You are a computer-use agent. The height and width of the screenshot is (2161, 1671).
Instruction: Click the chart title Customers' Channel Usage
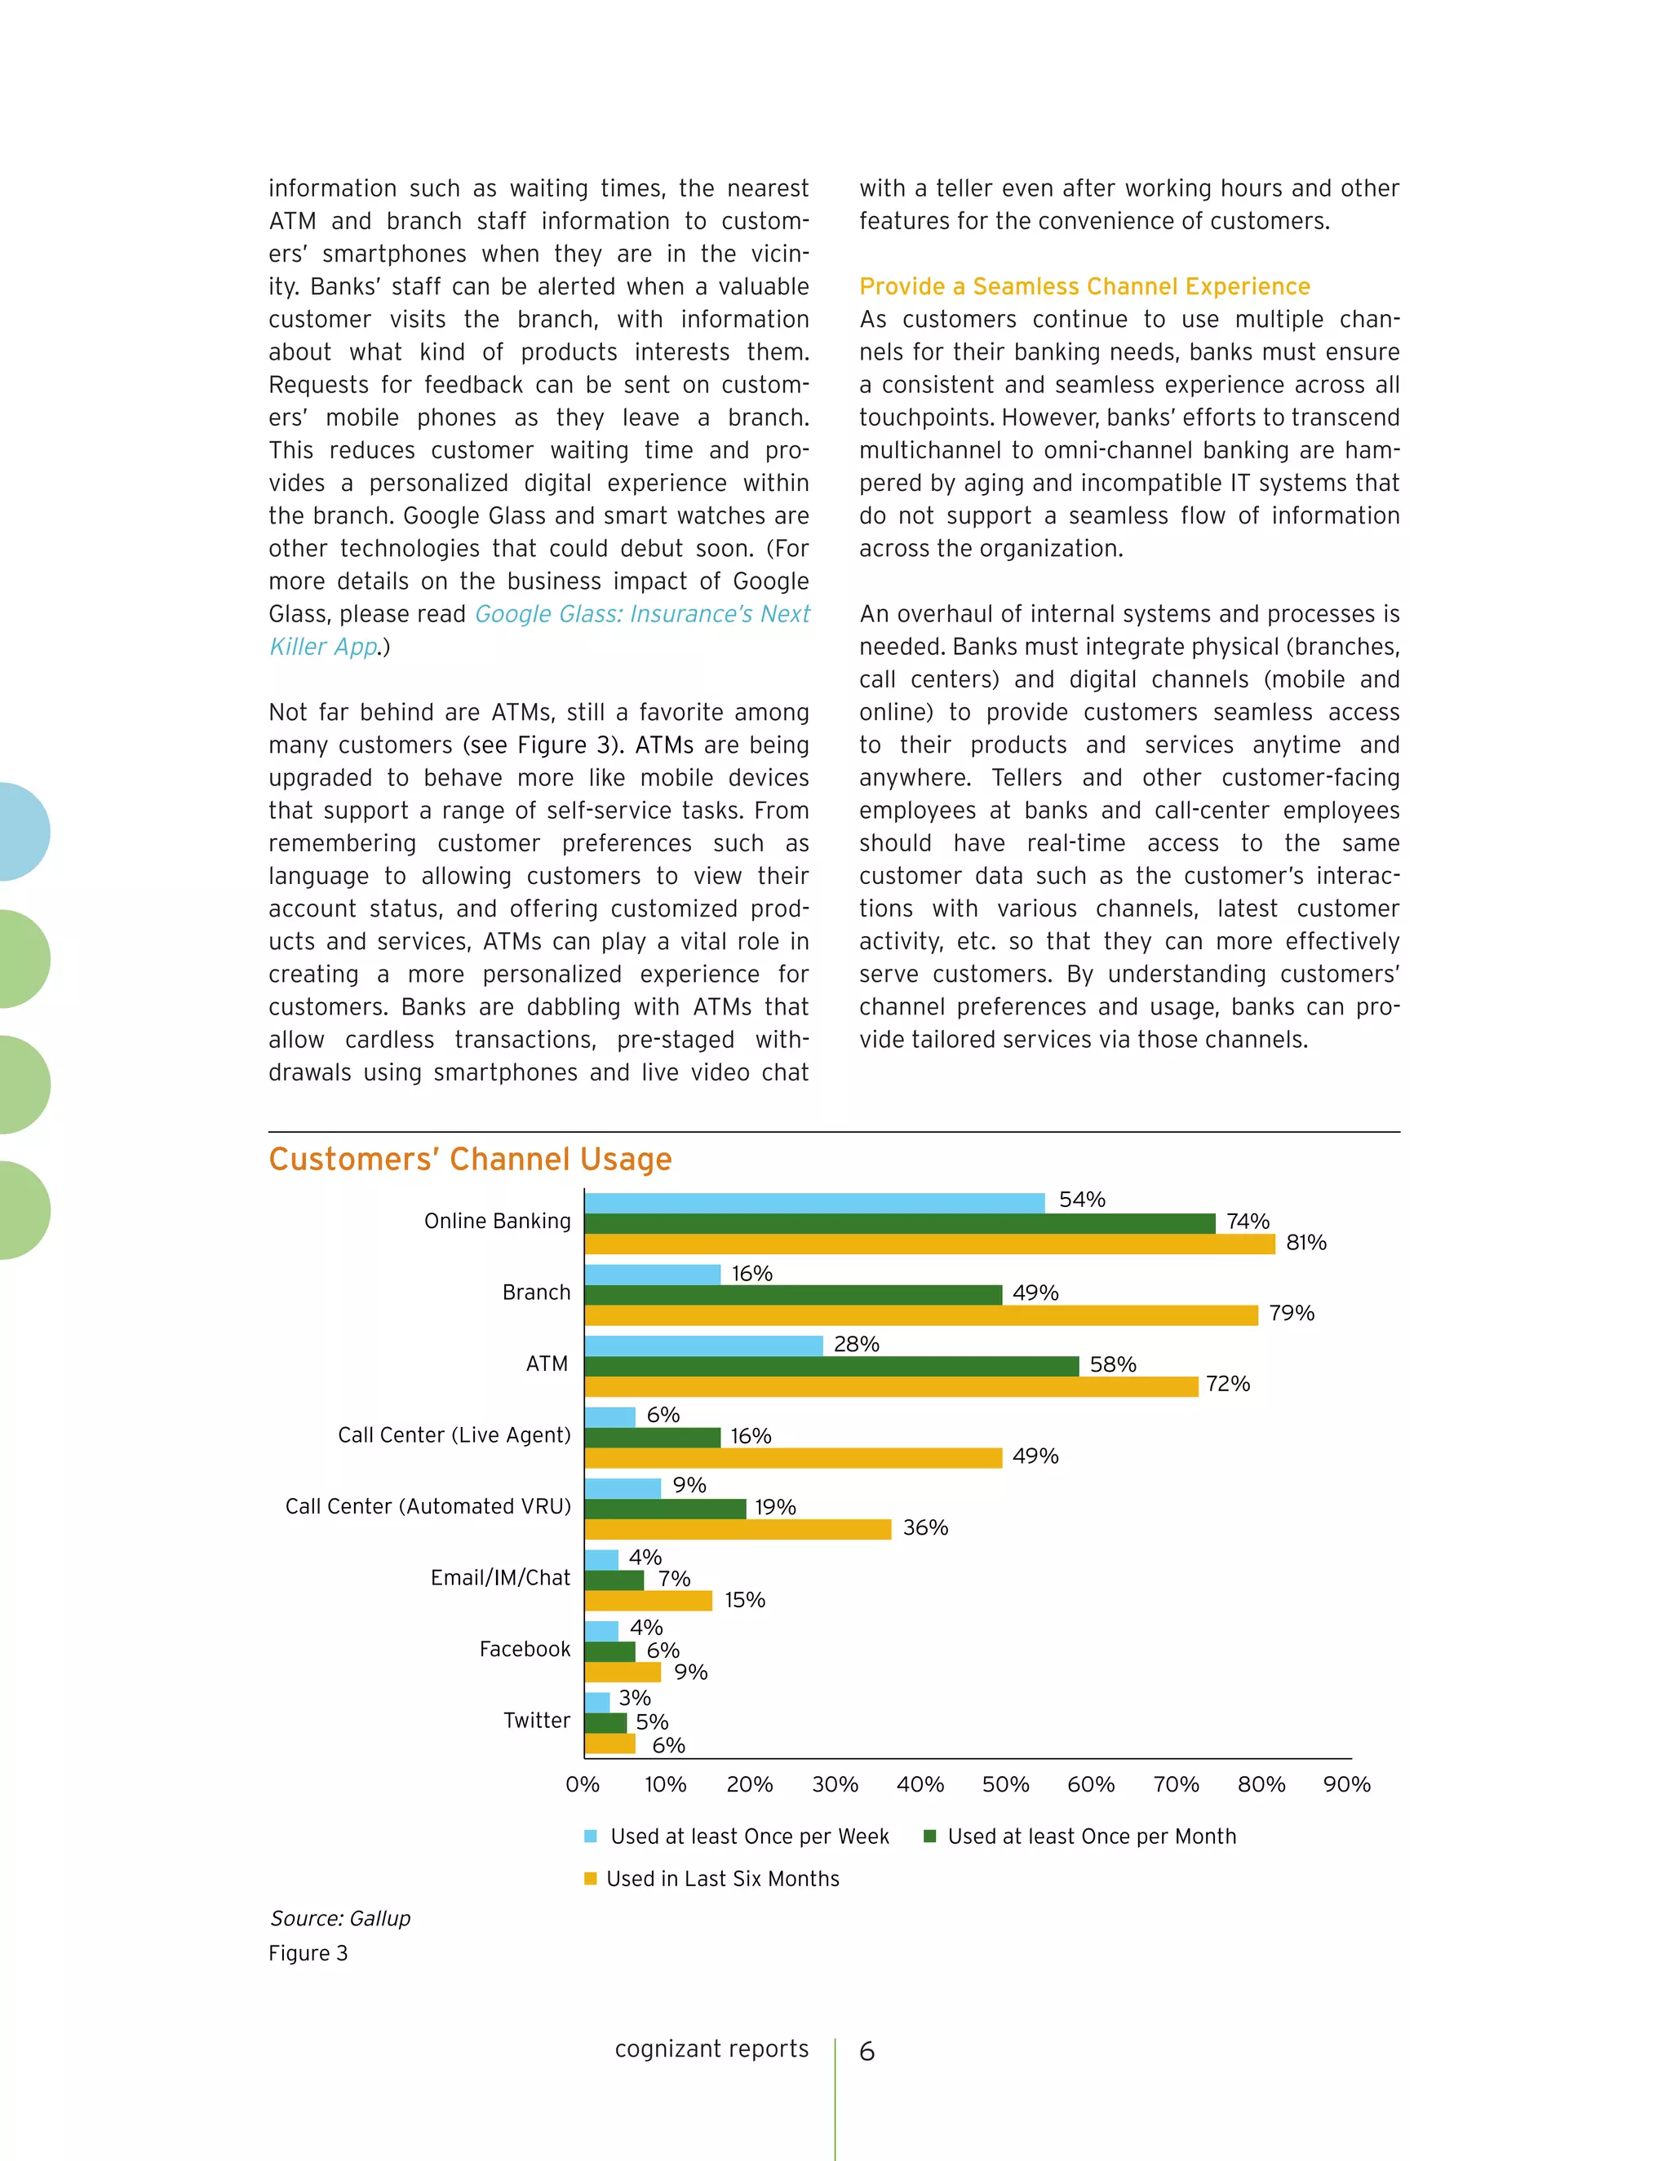tap(469, 1159)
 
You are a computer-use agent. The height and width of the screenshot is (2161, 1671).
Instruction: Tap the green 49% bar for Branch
tap(792, 1294)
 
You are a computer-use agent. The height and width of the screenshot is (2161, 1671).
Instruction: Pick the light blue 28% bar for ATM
tap(703, 1346)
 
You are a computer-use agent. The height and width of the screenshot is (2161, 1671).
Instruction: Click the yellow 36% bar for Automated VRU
tap(738, 1529)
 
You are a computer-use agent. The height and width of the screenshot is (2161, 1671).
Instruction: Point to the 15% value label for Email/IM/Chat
tap(744, 1600)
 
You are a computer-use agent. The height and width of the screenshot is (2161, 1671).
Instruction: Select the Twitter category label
tap(537, 1721)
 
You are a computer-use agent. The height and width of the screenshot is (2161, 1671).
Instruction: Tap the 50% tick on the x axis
tap(1004, 1784)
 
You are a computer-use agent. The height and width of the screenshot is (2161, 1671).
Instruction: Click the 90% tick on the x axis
tap(1346, 1784)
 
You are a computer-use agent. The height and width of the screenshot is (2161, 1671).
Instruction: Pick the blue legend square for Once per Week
tap(591, 1836)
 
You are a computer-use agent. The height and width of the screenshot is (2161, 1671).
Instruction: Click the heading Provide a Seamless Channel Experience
tap(1084, 287)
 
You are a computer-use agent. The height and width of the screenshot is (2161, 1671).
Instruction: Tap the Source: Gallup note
tap(339, 1919)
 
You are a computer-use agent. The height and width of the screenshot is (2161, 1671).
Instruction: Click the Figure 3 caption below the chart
tap(308, 1953)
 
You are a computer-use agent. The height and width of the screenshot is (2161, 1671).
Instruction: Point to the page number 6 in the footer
tap(867, 2051)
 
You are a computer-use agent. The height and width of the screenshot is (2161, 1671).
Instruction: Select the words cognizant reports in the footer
tap(711, 2049)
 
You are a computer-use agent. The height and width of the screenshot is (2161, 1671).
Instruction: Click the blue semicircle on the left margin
tap(22, 831)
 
